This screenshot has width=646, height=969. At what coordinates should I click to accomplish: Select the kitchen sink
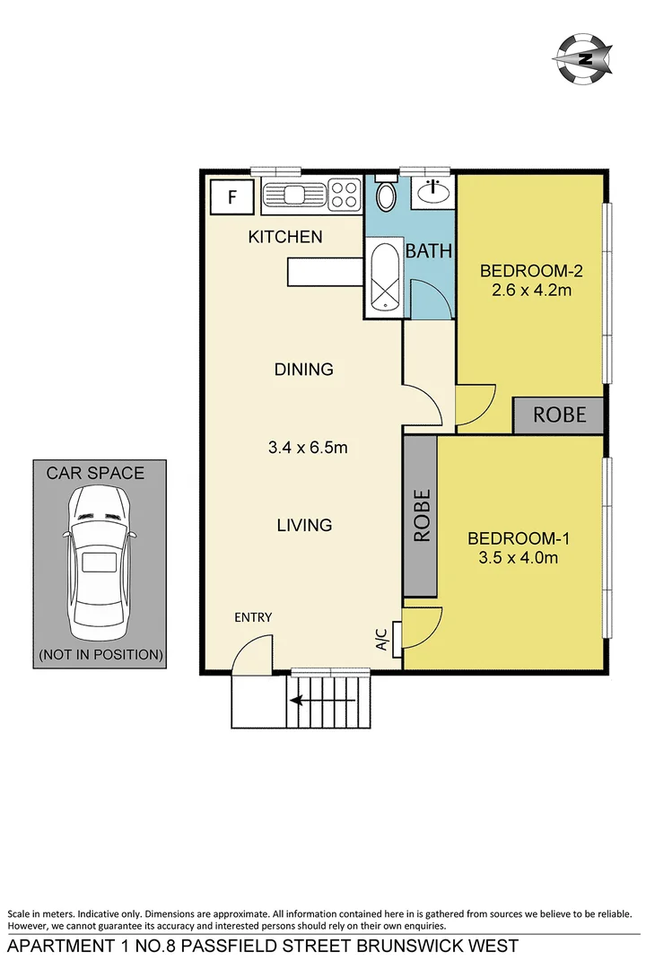pos(295,195)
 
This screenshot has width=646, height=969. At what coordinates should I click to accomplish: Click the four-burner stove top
pos(344,195)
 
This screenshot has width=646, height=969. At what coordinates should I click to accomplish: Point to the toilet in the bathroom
pos(386,196)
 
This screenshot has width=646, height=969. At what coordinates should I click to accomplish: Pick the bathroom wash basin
pos(433,192)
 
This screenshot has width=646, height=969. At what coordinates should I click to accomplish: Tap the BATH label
pos(429,252)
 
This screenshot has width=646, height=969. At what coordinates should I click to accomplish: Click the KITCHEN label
pos(285,238)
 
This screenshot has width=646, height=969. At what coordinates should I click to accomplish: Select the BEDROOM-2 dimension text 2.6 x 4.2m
pos(526,291)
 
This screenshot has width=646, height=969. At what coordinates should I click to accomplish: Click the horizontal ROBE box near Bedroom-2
pos(560,415)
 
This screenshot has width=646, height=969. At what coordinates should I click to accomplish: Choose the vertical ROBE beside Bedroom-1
pos(421,516)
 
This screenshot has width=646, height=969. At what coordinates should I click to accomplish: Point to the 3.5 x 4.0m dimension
pos(519,558)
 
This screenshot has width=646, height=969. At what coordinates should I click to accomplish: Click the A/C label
pos(380,639)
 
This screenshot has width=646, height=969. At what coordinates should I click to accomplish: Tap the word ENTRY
pos(253,617)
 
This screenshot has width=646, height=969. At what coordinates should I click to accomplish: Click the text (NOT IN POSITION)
pos(100,655)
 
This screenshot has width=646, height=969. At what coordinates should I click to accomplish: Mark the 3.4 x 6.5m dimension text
pos(308,447)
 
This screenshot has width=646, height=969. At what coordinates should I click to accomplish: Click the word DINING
pos(304,369)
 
